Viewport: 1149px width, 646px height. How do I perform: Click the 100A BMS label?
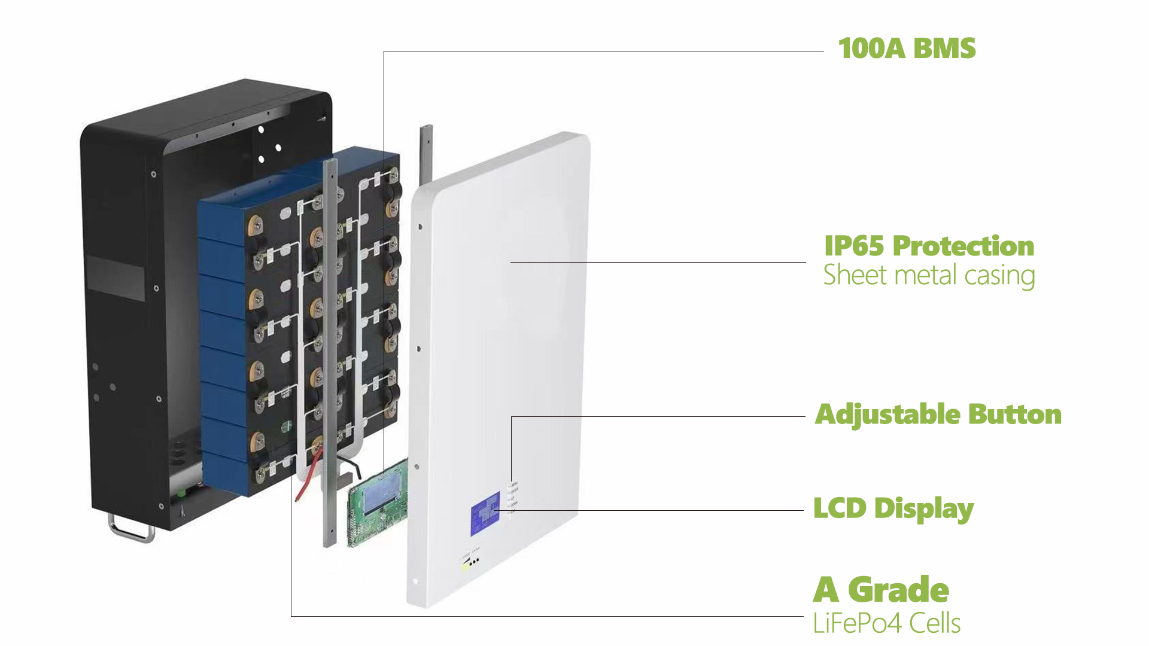point(907,48)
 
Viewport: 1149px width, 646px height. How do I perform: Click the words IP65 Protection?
point(929,246)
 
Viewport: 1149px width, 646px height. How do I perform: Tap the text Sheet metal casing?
point(929,276)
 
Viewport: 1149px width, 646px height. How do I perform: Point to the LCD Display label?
point(893,509)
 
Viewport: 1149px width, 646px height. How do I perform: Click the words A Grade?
point(881,590)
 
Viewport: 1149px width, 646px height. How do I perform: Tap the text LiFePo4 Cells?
point(886,623)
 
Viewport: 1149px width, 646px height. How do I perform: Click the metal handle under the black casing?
point(130,529)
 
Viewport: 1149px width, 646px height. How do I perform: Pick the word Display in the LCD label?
point(924,509)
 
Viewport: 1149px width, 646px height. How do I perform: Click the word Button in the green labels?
point(1015,415)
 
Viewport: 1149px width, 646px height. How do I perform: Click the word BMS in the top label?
point(944,48)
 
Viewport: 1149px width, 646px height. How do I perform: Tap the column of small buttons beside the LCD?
point(512,496)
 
